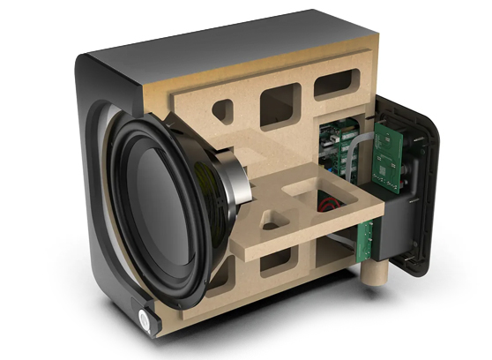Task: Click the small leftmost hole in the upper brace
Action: click(223, 111)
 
